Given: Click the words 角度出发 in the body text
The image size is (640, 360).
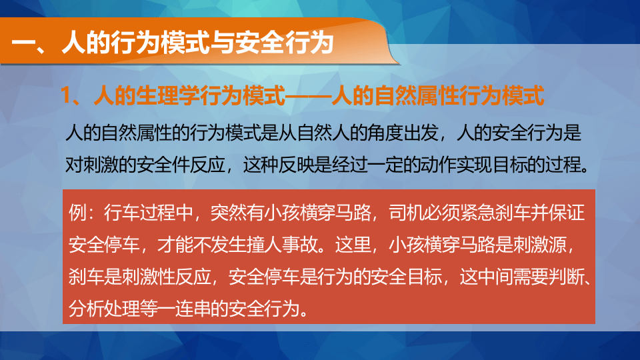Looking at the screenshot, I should (x=394, y=133).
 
